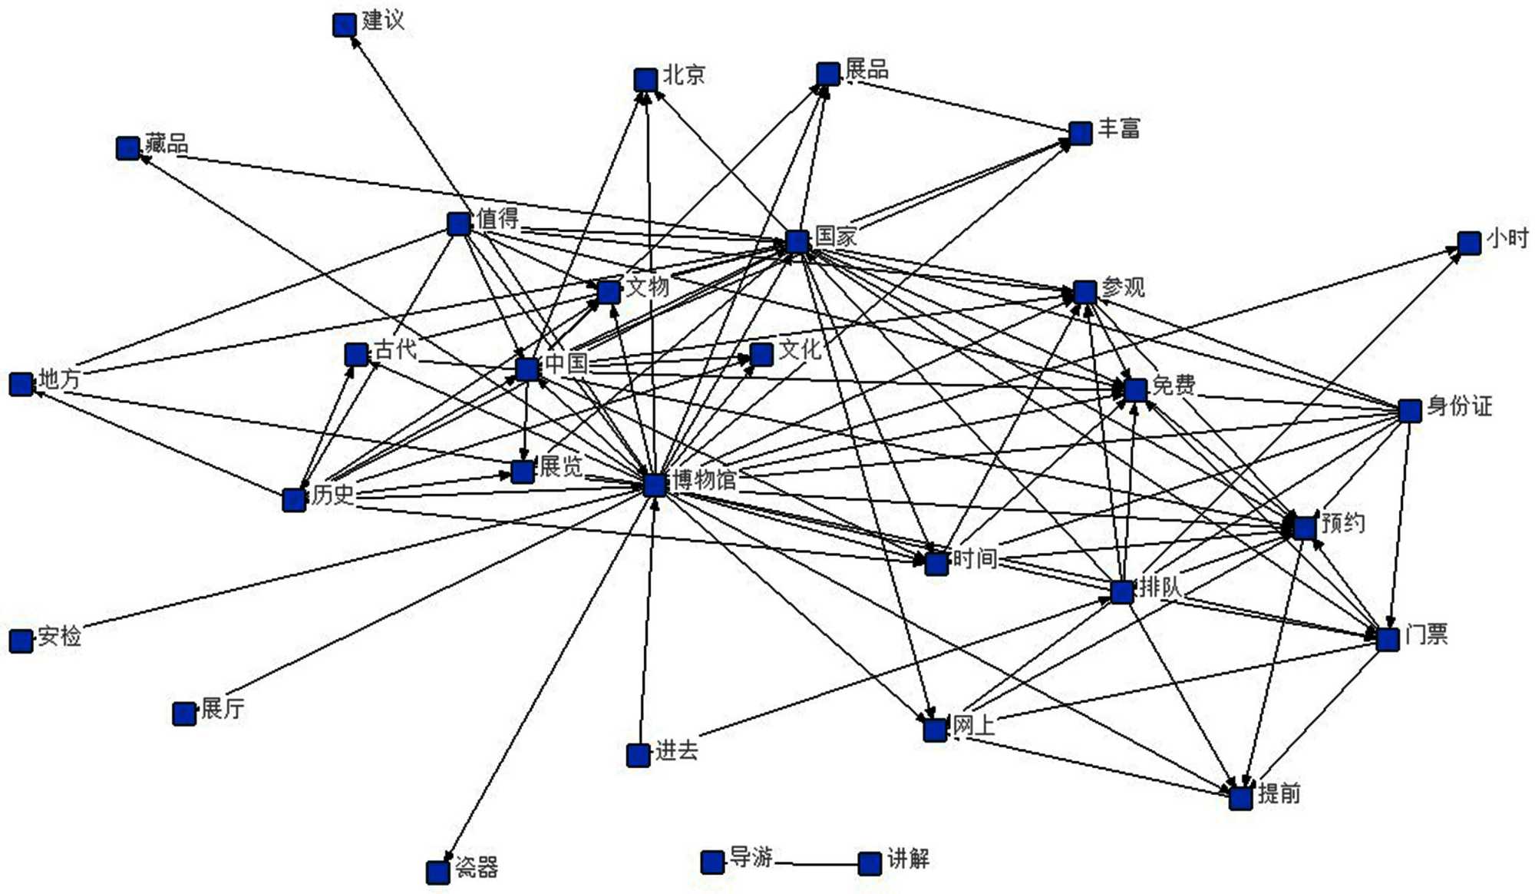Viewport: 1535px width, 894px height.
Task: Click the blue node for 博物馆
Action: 655,485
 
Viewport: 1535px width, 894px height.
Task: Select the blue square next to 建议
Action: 344,25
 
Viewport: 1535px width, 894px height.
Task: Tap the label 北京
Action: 684,74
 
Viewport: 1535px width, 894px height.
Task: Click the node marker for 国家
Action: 797,241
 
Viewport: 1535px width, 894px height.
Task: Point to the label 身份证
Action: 1459,406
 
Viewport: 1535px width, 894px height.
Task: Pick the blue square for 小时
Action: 1469,243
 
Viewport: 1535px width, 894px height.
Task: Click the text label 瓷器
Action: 477,867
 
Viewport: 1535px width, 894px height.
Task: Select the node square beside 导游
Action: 712,862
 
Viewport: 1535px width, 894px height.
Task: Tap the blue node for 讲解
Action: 870,863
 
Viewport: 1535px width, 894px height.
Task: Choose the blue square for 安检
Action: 21,640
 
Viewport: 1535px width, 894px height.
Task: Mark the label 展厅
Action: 223,708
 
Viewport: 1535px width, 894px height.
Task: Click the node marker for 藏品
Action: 127,147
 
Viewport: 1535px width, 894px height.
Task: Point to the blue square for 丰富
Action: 1081,133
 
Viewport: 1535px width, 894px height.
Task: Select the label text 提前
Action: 1279,793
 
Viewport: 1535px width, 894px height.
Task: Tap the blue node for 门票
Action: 1388,639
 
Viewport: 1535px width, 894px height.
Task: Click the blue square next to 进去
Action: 639,755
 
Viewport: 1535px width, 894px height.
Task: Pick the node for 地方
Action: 21,384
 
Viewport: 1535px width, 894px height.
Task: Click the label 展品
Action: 867,69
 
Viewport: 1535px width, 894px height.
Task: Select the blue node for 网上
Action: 935,729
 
